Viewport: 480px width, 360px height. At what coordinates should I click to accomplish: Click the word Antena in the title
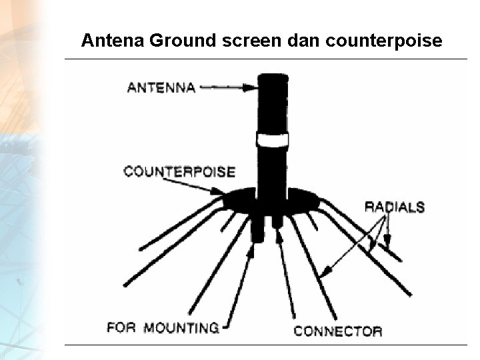pos(113,41)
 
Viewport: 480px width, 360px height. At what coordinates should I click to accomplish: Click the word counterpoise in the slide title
pos(384,41)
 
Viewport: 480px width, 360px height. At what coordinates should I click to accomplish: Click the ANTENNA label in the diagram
pos(161,87)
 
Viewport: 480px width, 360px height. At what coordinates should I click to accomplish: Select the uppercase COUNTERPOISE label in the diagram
pos(179,172)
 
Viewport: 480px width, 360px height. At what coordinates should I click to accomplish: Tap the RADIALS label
pos(394,207)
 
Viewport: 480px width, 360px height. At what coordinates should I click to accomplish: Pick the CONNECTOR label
pos(338,331)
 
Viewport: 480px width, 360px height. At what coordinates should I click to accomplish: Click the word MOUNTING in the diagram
pos(181,327)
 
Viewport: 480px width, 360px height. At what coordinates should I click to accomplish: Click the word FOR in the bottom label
pos(121,327)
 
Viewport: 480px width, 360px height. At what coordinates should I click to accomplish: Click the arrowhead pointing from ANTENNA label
pos(251,87)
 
